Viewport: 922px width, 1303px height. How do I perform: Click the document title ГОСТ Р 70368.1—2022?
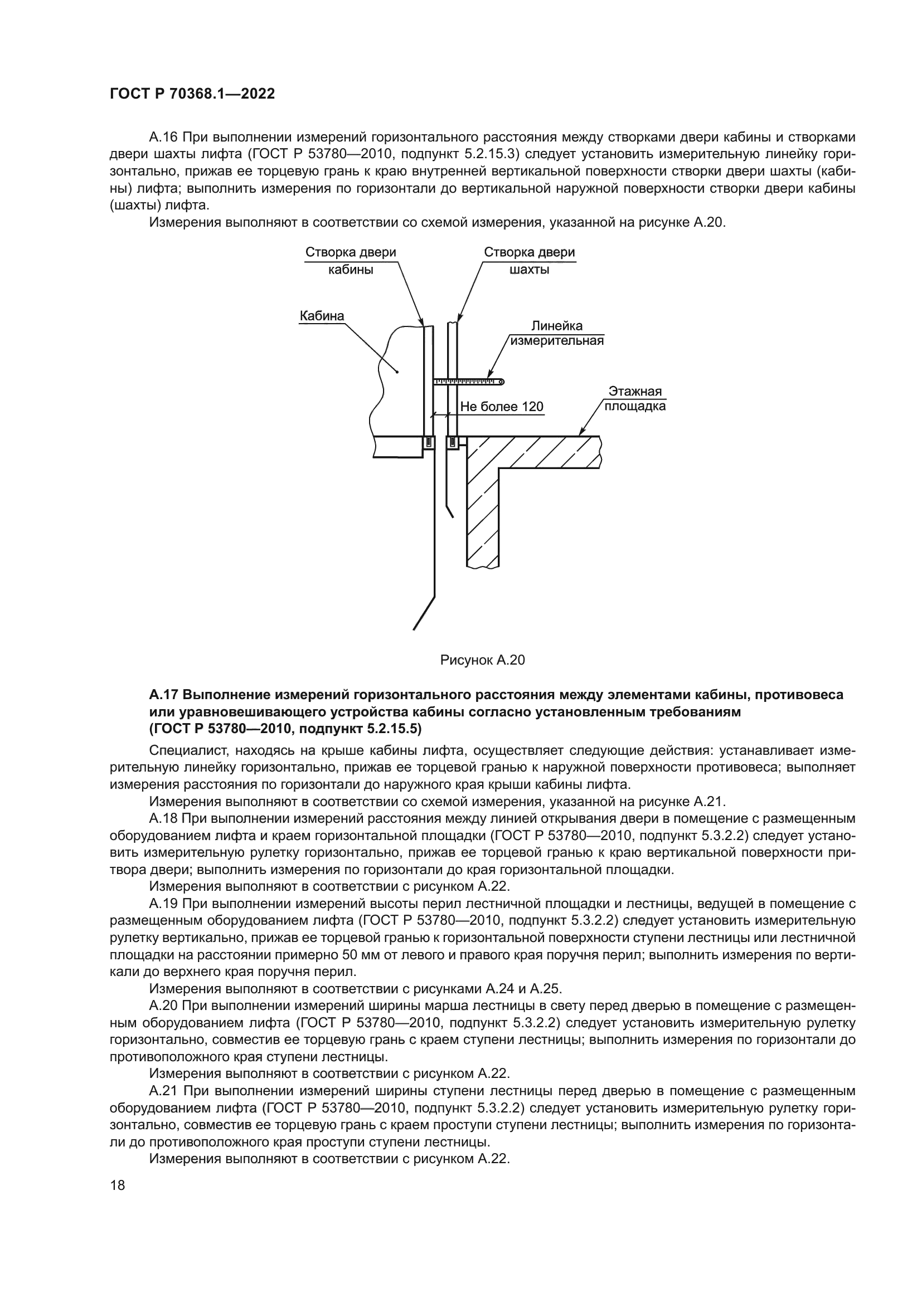click(192, 94)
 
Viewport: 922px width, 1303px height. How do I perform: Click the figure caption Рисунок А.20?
click(482, 660)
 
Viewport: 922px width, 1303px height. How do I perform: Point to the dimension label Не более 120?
click(501, 407)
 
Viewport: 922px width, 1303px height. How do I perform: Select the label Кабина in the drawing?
click(321, 315)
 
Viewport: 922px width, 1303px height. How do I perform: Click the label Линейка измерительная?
click(556, 334)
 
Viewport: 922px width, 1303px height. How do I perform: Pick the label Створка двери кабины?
click(350, 261)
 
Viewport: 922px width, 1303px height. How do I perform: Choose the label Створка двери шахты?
click(529, 261)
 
